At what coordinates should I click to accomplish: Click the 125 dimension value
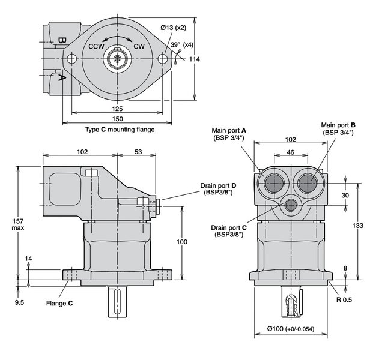coord(117,109)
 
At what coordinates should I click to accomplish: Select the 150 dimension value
coord(118,119)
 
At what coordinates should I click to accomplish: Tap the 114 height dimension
coord(194,59)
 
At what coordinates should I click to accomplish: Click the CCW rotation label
coord(96,46)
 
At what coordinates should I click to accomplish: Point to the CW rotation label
coord(139,46)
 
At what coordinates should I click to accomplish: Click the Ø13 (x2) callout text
coord(174,28)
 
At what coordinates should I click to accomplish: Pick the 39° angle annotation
coord(175,44)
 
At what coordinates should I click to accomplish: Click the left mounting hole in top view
coord(71,59)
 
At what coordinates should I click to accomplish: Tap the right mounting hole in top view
coord(163,59)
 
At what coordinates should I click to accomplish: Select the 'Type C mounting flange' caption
coord(120,130)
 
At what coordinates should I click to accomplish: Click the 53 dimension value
coord(138,152)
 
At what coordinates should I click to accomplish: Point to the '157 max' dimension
coord(18,224)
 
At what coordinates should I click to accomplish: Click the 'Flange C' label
coord(59,303)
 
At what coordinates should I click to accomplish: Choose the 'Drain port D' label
coord(218,189)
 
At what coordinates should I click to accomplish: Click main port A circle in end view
coord(274,183)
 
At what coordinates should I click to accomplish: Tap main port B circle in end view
coord(308,183)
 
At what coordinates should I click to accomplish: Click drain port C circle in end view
coord(291,205)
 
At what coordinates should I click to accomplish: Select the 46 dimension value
coord(291,152)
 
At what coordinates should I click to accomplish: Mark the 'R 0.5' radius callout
coord(344,299)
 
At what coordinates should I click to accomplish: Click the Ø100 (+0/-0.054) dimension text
coord(291,329)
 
